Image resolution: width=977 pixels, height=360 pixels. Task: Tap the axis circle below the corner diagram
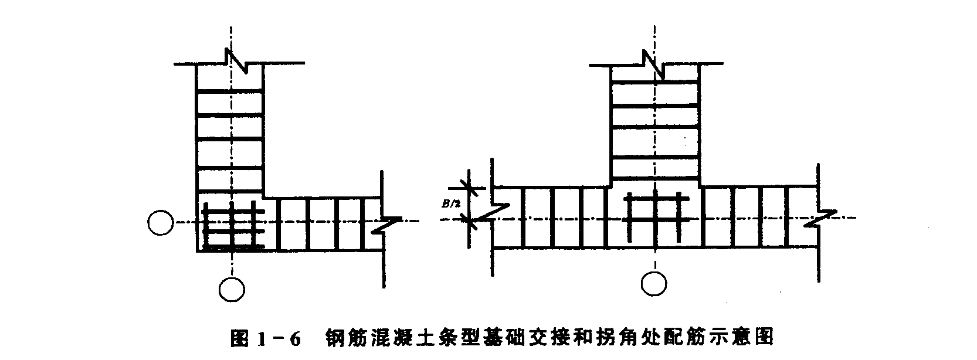(232, 288)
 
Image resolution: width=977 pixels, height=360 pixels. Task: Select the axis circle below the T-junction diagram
(654, 284)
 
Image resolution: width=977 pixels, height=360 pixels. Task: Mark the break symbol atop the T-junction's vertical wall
(654, 62)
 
